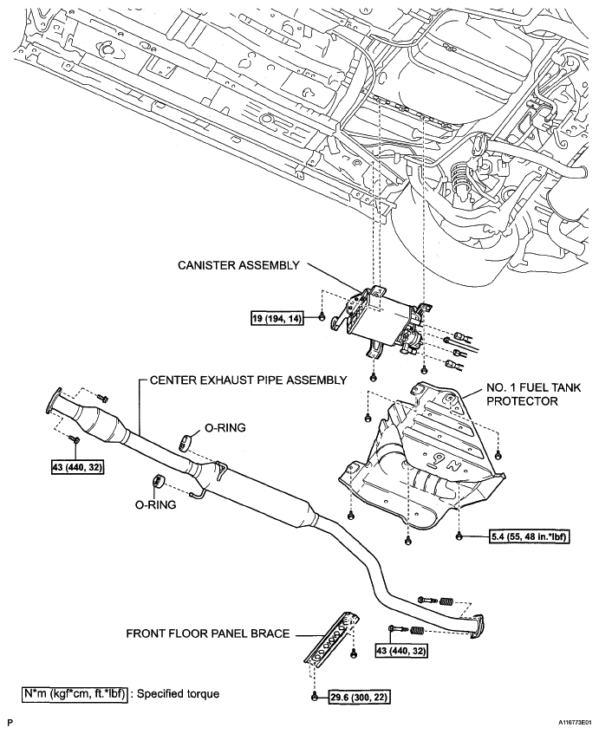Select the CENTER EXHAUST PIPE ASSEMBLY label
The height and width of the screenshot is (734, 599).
[x=249, y=380]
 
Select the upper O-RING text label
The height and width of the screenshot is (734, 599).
[x=225, y=427]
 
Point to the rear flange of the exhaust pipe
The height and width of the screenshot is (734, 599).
[x=476, y=626]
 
